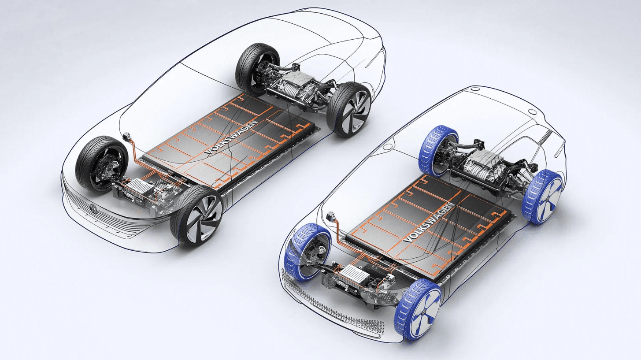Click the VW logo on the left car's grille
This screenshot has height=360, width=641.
(x=94, y=208)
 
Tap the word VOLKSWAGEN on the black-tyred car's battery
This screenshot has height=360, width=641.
(x=231, y=137)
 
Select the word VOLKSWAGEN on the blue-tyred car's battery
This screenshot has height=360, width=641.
(x=429, y=222)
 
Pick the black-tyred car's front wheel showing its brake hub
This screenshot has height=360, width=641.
(x=102, y=164)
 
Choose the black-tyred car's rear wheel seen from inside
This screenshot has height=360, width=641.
(x=257, y=69)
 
